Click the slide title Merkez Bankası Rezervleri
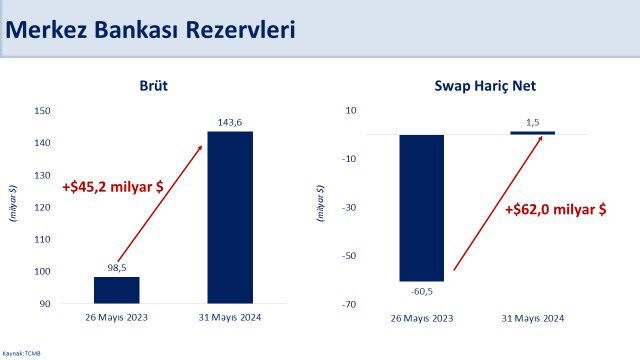(x=150, y=30)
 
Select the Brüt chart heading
(x=152, y=87)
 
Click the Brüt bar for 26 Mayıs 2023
(x=116, y=290)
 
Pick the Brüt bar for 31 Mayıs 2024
(x=230, y=217)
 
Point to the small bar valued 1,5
(x=532, y=132)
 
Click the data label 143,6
(x=230, y=122)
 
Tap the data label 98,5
(x=116, y=267)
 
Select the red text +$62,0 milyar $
(x=555, y=209)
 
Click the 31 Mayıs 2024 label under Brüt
(x=230, y=317)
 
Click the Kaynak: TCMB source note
(x=21, y=353)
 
